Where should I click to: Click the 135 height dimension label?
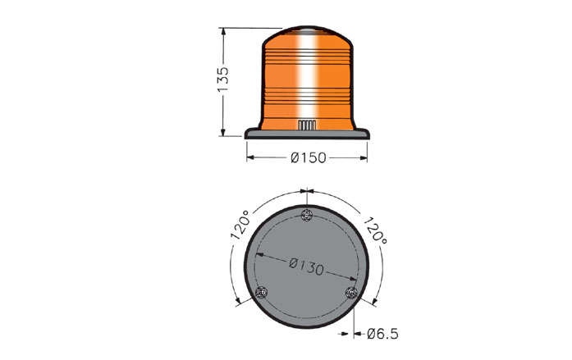(223, 79)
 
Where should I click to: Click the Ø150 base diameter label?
(309, 157)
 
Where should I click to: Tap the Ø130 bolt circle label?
(306, 267)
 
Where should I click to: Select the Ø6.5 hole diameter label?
(382, 334)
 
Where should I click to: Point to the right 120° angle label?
(375, 230)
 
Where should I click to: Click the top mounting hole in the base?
(307, 215)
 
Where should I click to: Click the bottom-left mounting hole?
(261, 292)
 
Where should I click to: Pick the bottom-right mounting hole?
(351, 292)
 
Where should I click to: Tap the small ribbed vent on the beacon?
(307, 125)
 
